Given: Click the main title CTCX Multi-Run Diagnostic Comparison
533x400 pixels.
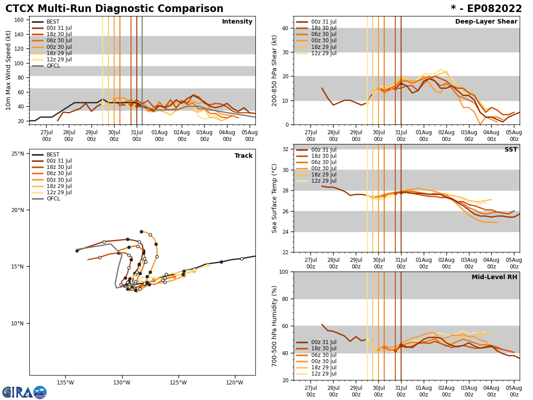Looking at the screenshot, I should pos(114,9).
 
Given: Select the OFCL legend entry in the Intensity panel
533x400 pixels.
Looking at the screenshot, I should pos(53,66).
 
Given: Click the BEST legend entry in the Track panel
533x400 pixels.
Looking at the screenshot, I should pos(53,155).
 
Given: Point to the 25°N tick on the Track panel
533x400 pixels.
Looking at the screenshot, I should pos(18,154).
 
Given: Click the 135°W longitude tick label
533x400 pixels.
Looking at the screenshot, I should pos(65,383).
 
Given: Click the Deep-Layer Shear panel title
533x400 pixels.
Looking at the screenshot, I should pos(486,22).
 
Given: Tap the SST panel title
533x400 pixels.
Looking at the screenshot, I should pos(510,150).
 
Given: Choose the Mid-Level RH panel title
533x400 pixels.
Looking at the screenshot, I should pos(494,277).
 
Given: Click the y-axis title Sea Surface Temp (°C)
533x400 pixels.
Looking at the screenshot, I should pos(274,198).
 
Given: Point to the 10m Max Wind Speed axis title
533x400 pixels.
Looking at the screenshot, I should pos(8,70).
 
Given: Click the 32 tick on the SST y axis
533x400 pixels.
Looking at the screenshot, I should pos(285,149).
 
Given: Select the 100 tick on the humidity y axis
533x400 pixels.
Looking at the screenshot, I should pos(283,272).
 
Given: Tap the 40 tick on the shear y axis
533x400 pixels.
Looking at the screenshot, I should pos(285,28).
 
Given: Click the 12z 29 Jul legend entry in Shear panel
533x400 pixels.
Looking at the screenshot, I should pos(324,53).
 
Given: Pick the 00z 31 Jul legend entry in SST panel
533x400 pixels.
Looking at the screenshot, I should pos(324,150).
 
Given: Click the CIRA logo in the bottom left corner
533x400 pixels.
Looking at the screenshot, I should pos(24,392).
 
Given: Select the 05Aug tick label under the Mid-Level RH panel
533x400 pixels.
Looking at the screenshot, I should pos(514,391).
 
